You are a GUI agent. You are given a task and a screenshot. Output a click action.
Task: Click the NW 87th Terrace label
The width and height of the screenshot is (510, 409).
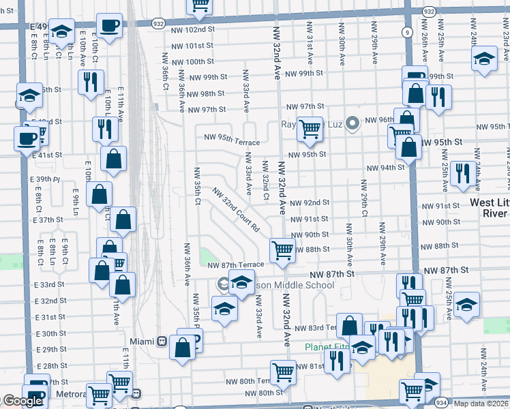click(x=235, y=264)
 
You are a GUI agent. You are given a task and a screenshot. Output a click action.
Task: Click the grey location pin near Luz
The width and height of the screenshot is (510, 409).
click(x=352, y=124)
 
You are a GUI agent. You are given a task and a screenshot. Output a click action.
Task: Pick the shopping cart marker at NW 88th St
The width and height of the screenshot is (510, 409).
click(x=282, y=249)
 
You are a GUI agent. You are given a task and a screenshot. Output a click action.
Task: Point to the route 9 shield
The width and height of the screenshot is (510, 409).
click(x=407, y=31)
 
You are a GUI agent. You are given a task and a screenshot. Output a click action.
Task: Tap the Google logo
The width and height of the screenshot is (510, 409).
click(x=22, y=401)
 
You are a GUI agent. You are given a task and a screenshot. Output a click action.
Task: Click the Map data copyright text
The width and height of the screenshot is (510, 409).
click(x=481, y=404)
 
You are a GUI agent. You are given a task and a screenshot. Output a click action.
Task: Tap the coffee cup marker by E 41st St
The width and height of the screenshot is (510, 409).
click(x=27, y=138)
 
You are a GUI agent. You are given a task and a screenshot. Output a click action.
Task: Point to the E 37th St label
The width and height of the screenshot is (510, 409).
click(x=47, y=220)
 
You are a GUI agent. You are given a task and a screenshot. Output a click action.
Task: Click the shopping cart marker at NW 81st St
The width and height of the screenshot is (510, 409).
click(x=283, y=372)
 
